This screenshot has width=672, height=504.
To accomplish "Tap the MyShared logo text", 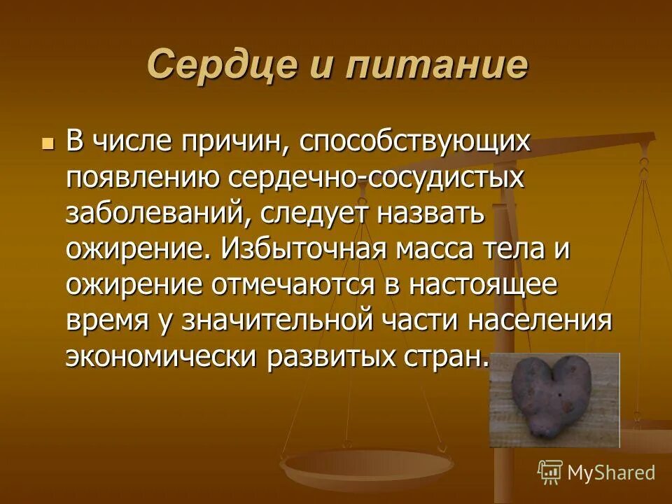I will click(x=610, y=472).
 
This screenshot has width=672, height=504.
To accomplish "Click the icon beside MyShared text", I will click(x=550, y=472).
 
